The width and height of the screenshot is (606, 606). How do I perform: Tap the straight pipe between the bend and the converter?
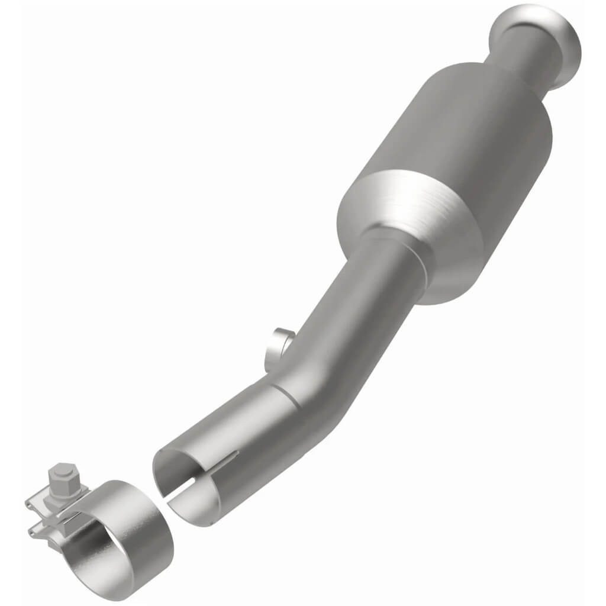(367, 308)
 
